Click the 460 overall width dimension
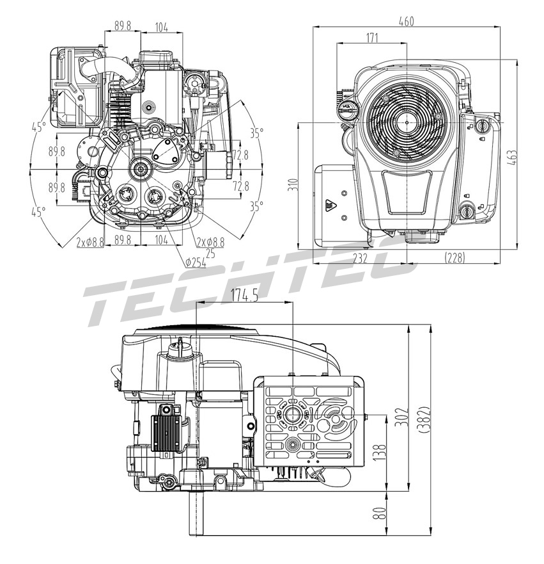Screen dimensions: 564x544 pos(407,21)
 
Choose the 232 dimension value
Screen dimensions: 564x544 pos(360,257)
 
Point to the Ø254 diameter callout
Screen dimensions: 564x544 pos(196,262)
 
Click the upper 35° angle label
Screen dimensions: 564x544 pos(256,134)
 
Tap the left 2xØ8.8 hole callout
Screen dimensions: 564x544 pos(90,242)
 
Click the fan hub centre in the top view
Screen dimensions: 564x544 pos(407,122)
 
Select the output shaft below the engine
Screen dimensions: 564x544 pos(196,513)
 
